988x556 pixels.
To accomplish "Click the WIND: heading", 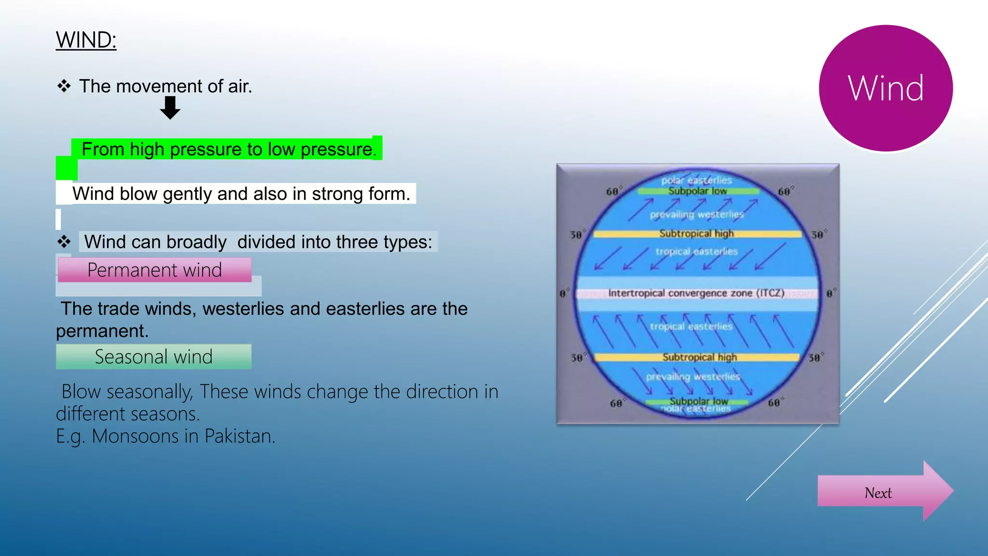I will click(x=86, y=40).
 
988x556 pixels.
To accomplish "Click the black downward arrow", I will click(x=170, y=107).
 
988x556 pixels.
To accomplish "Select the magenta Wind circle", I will click(x=886, y=88).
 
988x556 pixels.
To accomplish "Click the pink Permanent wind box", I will click(x=154, y=270).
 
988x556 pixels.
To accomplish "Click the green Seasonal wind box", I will click(x=153, y=357).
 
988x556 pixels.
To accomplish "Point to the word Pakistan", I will click(x=239, y=436).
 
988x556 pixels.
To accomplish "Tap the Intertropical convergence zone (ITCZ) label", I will click(x=696, y=293).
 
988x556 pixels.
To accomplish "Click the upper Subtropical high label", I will click(x=696, y=234).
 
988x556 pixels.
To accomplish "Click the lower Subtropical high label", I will click(x=699, y=357).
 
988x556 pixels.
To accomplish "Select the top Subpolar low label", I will click(x=697, y=191).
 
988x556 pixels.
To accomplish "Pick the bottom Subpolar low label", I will click(x=698, y=401).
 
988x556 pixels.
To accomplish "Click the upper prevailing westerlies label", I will click(x=697, y=214).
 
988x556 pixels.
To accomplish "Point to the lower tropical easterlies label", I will click(x=691, y=327).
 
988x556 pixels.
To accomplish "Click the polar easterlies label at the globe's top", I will click(x=696, y=181).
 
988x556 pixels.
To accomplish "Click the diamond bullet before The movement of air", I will click(x=64, y=86).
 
